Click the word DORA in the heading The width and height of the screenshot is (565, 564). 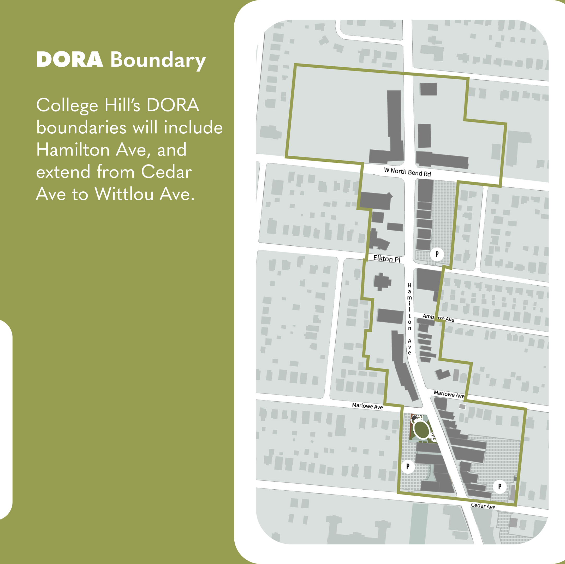(70, 60)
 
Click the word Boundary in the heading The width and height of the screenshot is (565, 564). (158, 60)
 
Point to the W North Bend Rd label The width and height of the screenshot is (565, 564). (407, 172)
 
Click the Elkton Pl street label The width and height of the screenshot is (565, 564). (386, 259)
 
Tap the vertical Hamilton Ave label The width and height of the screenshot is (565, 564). (409, 319)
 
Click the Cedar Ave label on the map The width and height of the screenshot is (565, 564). (483, 506)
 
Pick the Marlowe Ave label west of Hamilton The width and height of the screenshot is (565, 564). (367, 406)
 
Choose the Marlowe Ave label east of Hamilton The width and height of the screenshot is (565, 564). (449, 394)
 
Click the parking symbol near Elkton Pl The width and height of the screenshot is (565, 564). (437, 254)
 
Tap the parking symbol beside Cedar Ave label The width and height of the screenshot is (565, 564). (499, 486)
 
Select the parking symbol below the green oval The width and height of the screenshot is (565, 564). (408, 466)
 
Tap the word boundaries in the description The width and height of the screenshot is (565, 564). (81, 128)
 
